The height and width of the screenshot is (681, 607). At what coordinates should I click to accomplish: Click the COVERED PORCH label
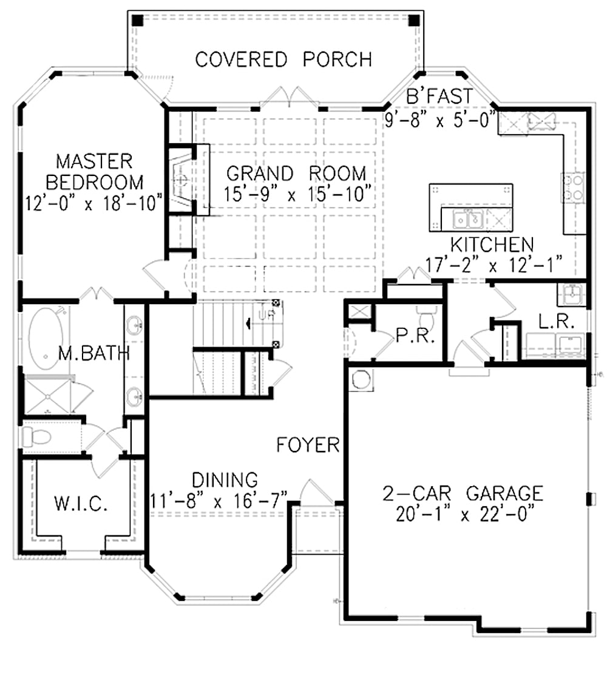click(283, 59)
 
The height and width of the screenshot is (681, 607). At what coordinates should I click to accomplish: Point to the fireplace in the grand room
click(180, 180)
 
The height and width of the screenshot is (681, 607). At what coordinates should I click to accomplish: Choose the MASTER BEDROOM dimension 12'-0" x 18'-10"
click(95, 202)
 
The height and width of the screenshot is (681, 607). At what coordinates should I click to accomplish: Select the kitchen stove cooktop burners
click(574, 188)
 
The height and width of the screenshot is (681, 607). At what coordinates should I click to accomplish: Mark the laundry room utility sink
click(571, 295)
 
